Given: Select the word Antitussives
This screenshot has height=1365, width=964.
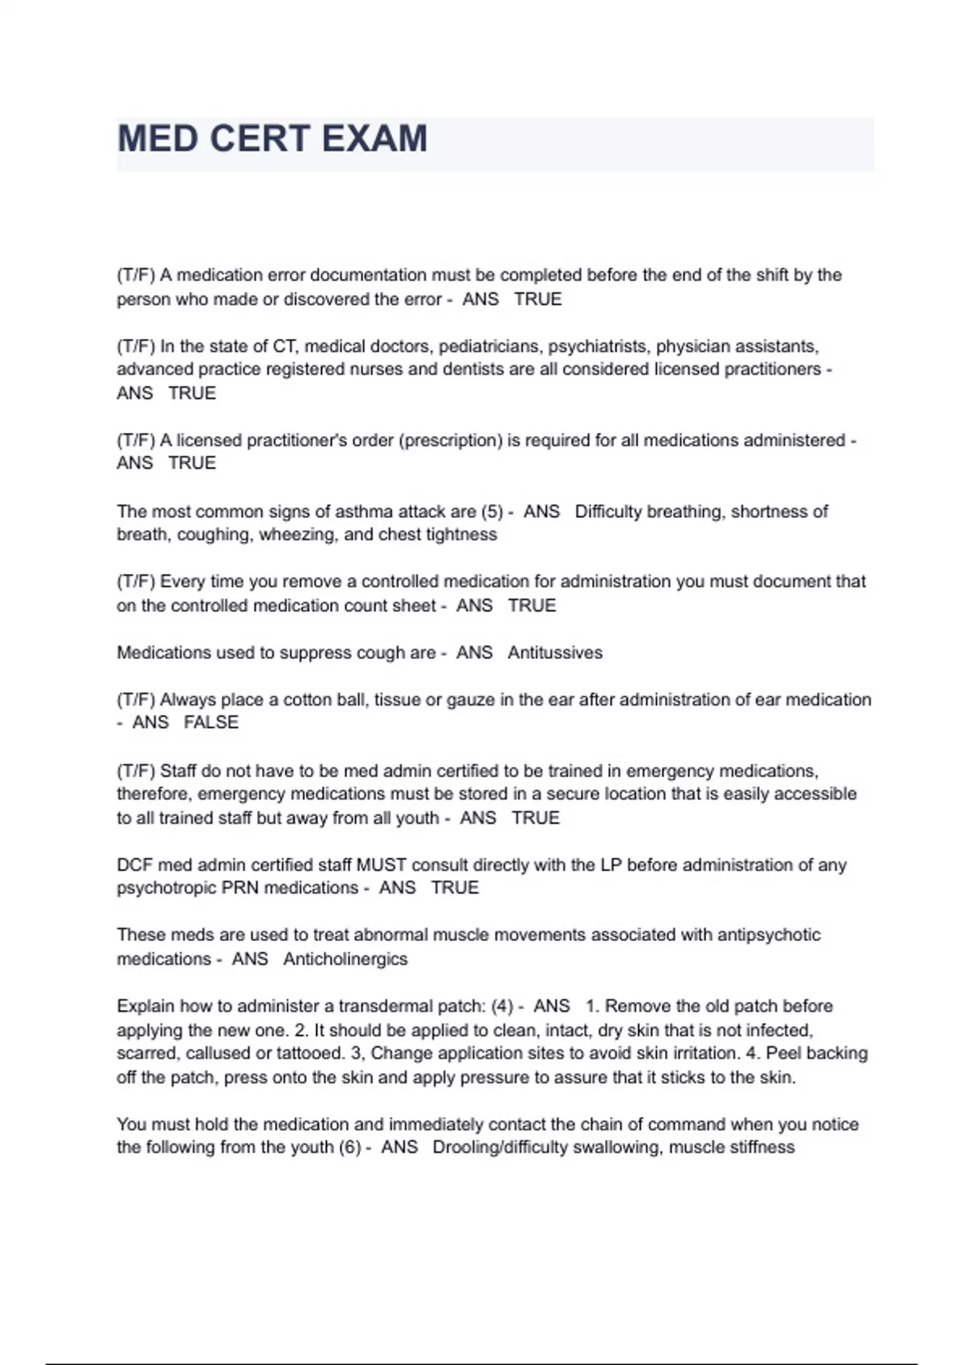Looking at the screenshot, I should pos(555,653).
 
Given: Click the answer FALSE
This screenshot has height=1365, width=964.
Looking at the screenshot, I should pos(211,723).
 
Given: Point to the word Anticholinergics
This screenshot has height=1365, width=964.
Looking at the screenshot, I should pos(345,960).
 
